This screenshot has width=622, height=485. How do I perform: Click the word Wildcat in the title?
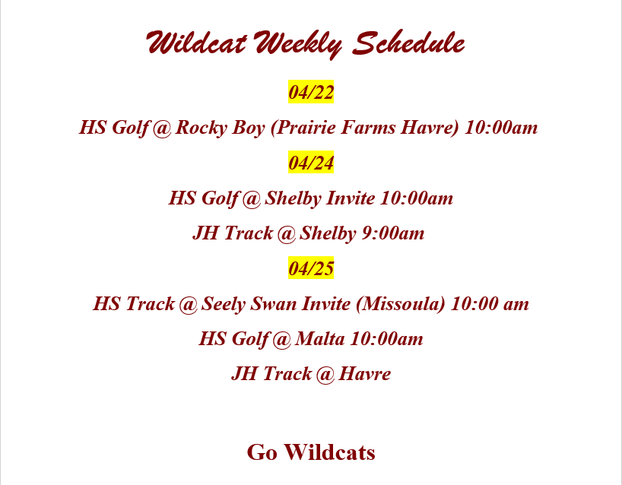tap(196, 43)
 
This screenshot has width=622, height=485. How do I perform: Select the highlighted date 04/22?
tap(311, 93)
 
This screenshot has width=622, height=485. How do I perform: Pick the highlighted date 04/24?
tap(311, 163)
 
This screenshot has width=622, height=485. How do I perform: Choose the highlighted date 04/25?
tap(311, 268)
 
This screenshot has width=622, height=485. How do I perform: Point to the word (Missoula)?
tap(400, 304)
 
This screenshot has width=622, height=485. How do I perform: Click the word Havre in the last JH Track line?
tap(365, 374)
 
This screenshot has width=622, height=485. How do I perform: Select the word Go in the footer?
tap(262, 452)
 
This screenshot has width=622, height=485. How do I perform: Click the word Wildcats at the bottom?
tap(329, 452)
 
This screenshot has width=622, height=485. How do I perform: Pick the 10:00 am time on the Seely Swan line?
tap(490, 304)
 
